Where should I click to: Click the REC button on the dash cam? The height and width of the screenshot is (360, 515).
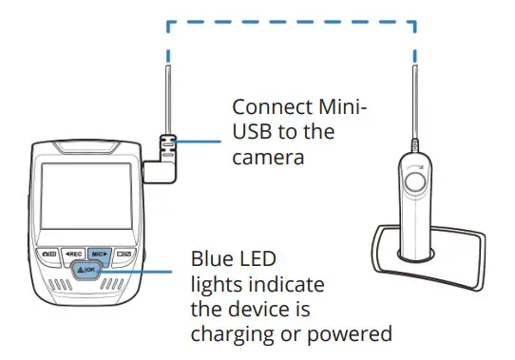pos(73,255)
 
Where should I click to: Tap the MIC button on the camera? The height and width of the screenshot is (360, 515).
pos(101,255)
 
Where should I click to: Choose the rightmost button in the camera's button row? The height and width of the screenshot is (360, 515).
pos(124,255)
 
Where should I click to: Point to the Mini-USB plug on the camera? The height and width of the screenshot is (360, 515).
pos(167,147)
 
